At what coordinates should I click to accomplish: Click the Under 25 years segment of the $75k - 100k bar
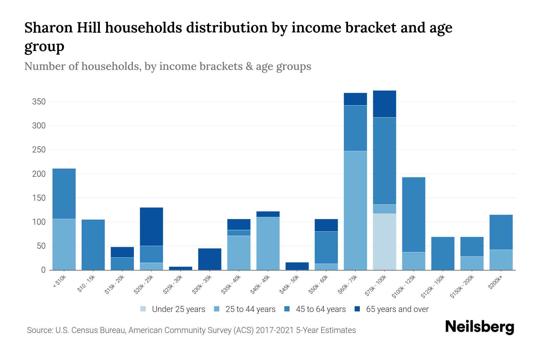(384, 242)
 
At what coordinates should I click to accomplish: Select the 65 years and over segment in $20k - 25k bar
(151, 226)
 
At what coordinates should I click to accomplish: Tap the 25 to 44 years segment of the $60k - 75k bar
(355, 210)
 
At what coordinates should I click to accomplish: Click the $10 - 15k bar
(93, 245)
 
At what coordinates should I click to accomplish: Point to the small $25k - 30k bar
(181, 268)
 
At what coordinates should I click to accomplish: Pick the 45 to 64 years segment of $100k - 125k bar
(413, 214)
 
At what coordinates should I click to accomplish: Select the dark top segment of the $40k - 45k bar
(268, 214)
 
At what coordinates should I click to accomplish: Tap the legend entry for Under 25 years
(173, 309)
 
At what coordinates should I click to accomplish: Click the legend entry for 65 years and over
(391, 309)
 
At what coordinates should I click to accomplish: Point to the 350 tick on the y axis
(39, 102)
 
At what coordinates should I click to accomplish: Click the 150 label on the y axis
(39, 198)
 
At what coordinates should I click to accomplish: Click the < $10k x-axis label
(59, 282)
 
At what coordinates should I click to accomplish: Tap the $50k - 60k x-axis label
(319, 285)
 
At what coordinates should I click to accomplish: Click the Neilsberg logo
(479, 327)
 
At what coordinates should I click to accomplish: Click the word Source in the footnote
(40, 330)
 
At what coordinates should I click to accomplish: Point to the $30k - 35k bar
(210, 259)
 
